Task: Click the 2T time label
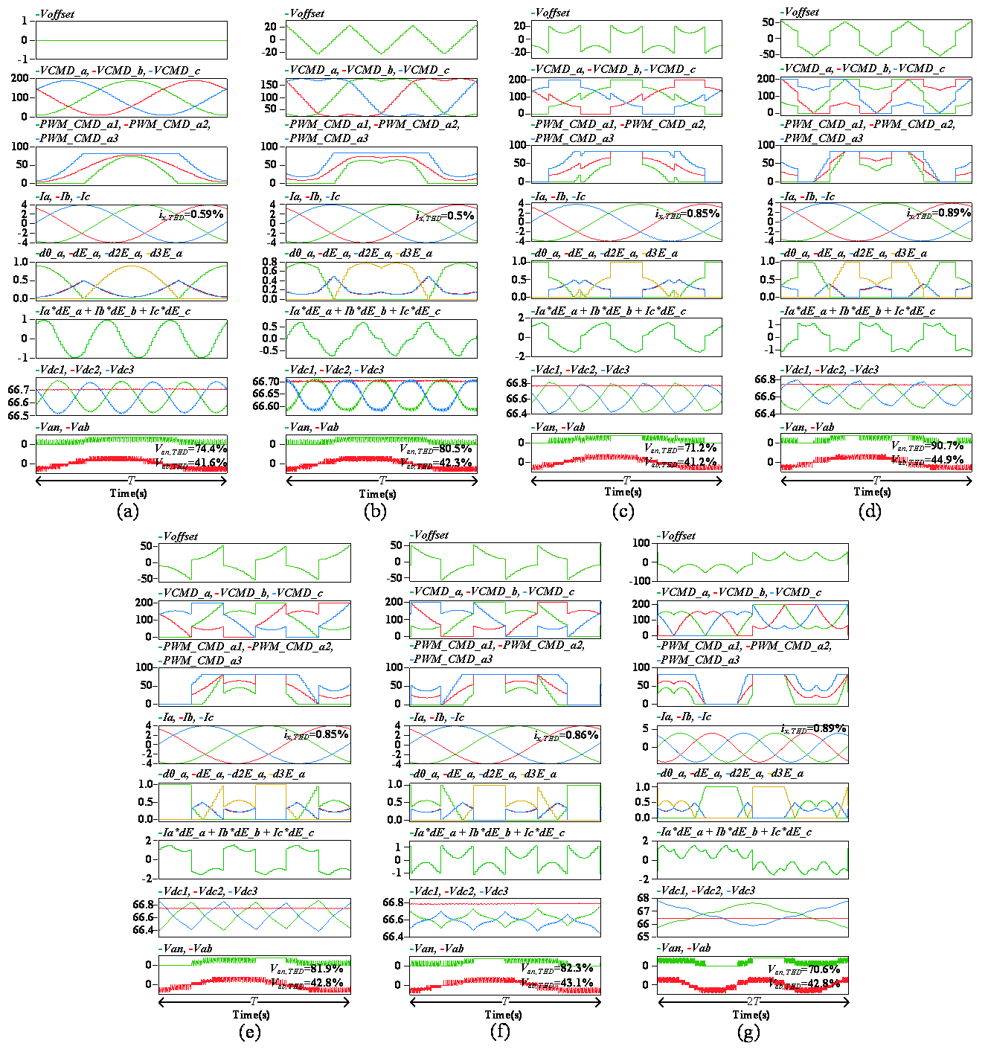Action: pos(753,1002)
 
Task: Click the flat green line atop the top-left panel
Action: pos(131,41)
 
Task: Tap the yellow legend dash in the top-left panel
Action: pos(148,254)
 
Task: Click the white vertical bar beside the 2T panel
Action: pos(856,704)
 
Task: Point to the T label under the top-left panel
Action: pos(131,481)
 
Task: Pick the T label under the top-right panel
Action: pos(876,481)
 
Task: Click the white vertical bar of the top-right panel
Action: pos(979,190)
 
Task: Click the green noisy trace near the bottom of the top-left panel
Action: pos(131,440)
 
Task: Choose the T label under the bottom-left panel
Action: pos(254,1002)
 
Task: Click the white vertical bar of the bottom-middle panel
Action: pos(609,714)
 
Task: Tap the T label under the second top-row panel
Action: pos(382,481)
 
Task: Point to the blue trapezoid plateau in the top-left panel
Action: pos(131,154)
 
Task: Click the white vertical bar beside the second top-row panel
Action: pos(484,184)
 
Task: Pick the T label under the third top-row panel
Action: pos(626,481)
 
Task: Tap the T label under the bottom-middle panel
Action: pos(505,1002)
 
